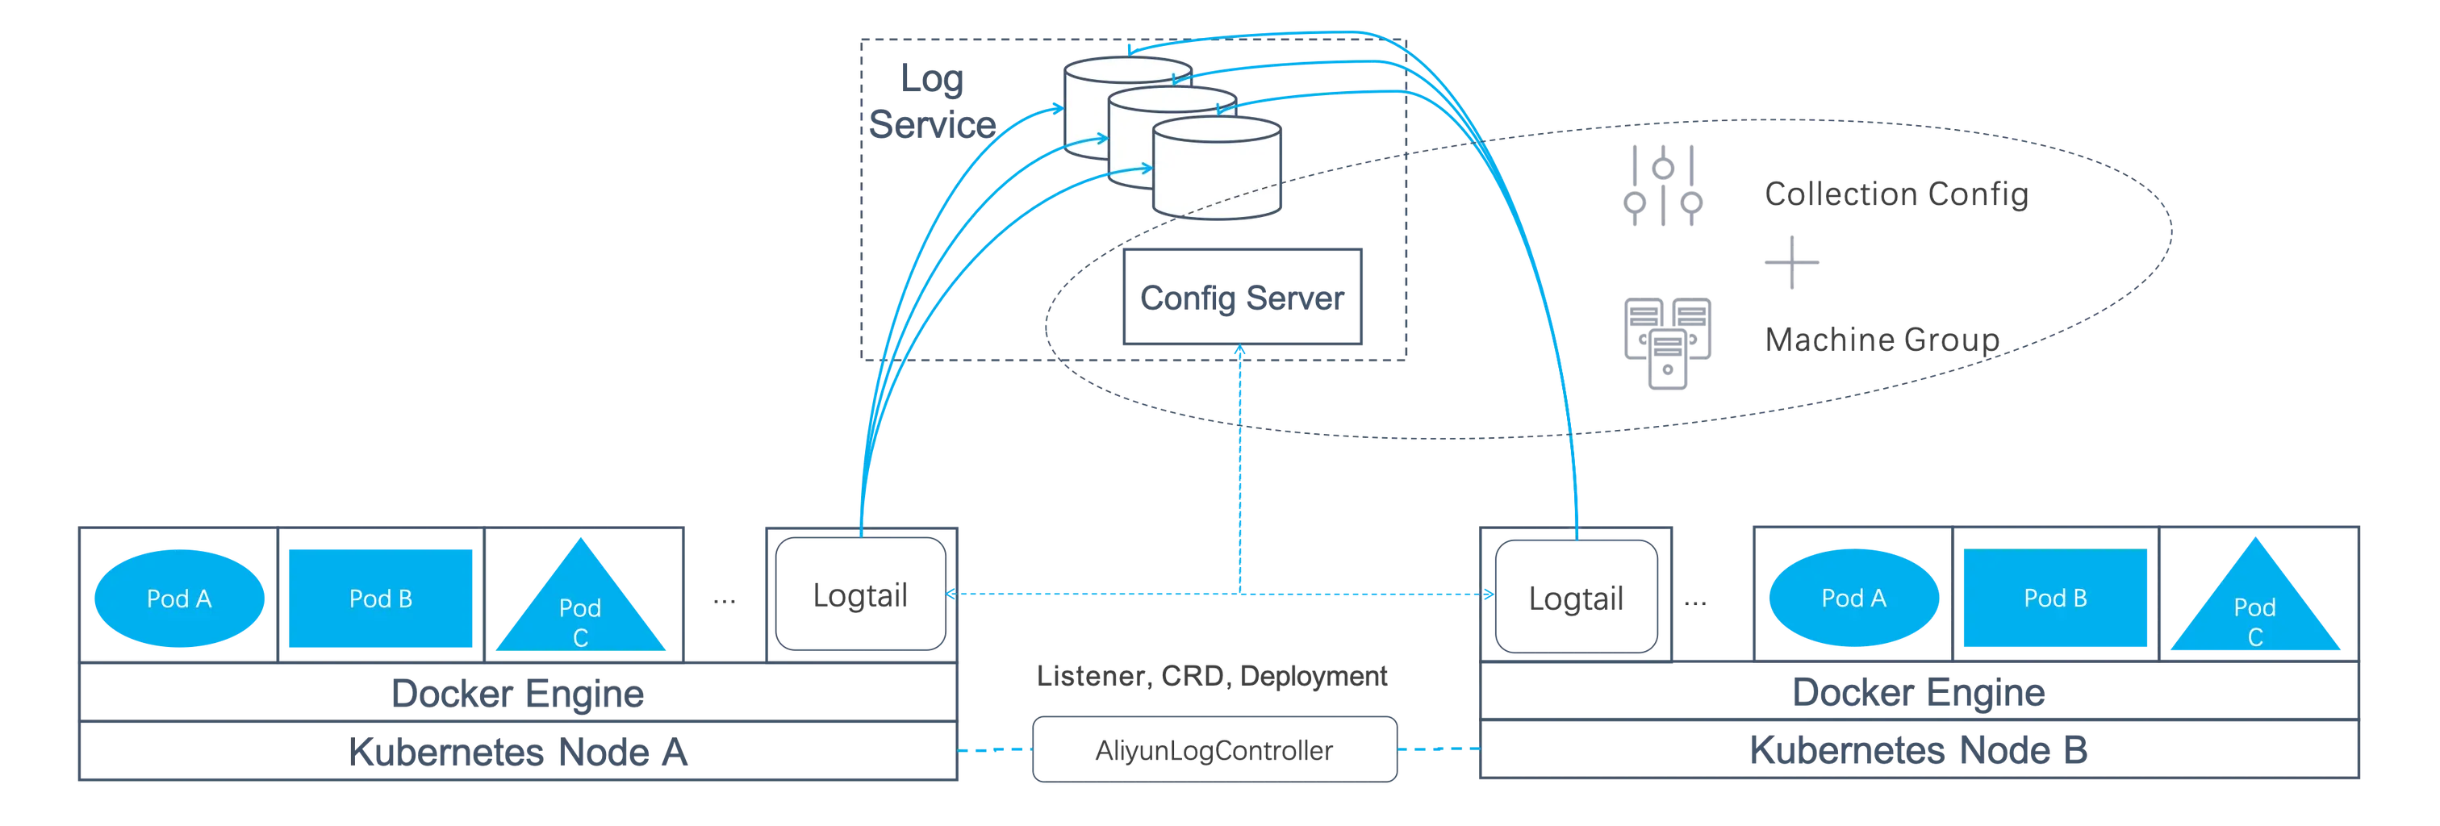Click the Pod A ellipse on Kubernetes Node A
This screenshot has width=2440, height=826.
click(178, 599)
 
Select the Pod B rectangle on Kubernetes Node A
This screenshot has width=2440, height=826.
click(380, 599)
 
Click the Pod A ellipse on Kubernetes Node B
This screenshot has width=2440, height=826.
click(1853, 599)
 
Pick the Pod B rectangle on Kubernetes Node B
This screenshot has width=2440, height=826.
click(2054, 599)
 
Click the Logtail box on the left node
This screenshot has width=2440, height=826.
click(860, 597)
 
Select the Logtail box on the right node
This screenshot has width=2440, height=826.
click(1573, 597)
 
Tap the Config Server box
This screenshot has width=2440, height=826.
click(1242, 298)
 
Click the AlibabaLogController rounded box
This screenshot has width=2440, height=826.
click(1214, 751)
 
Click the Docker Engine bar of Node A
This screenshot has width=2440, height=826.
click(516, 695)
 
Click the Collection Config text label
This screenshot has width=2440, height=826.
click(1895, 194)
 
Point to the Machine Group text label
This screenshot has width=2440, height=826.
click(1881, 339)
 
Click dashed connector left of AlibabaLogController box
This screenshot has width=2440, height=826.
click(995, 750)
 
